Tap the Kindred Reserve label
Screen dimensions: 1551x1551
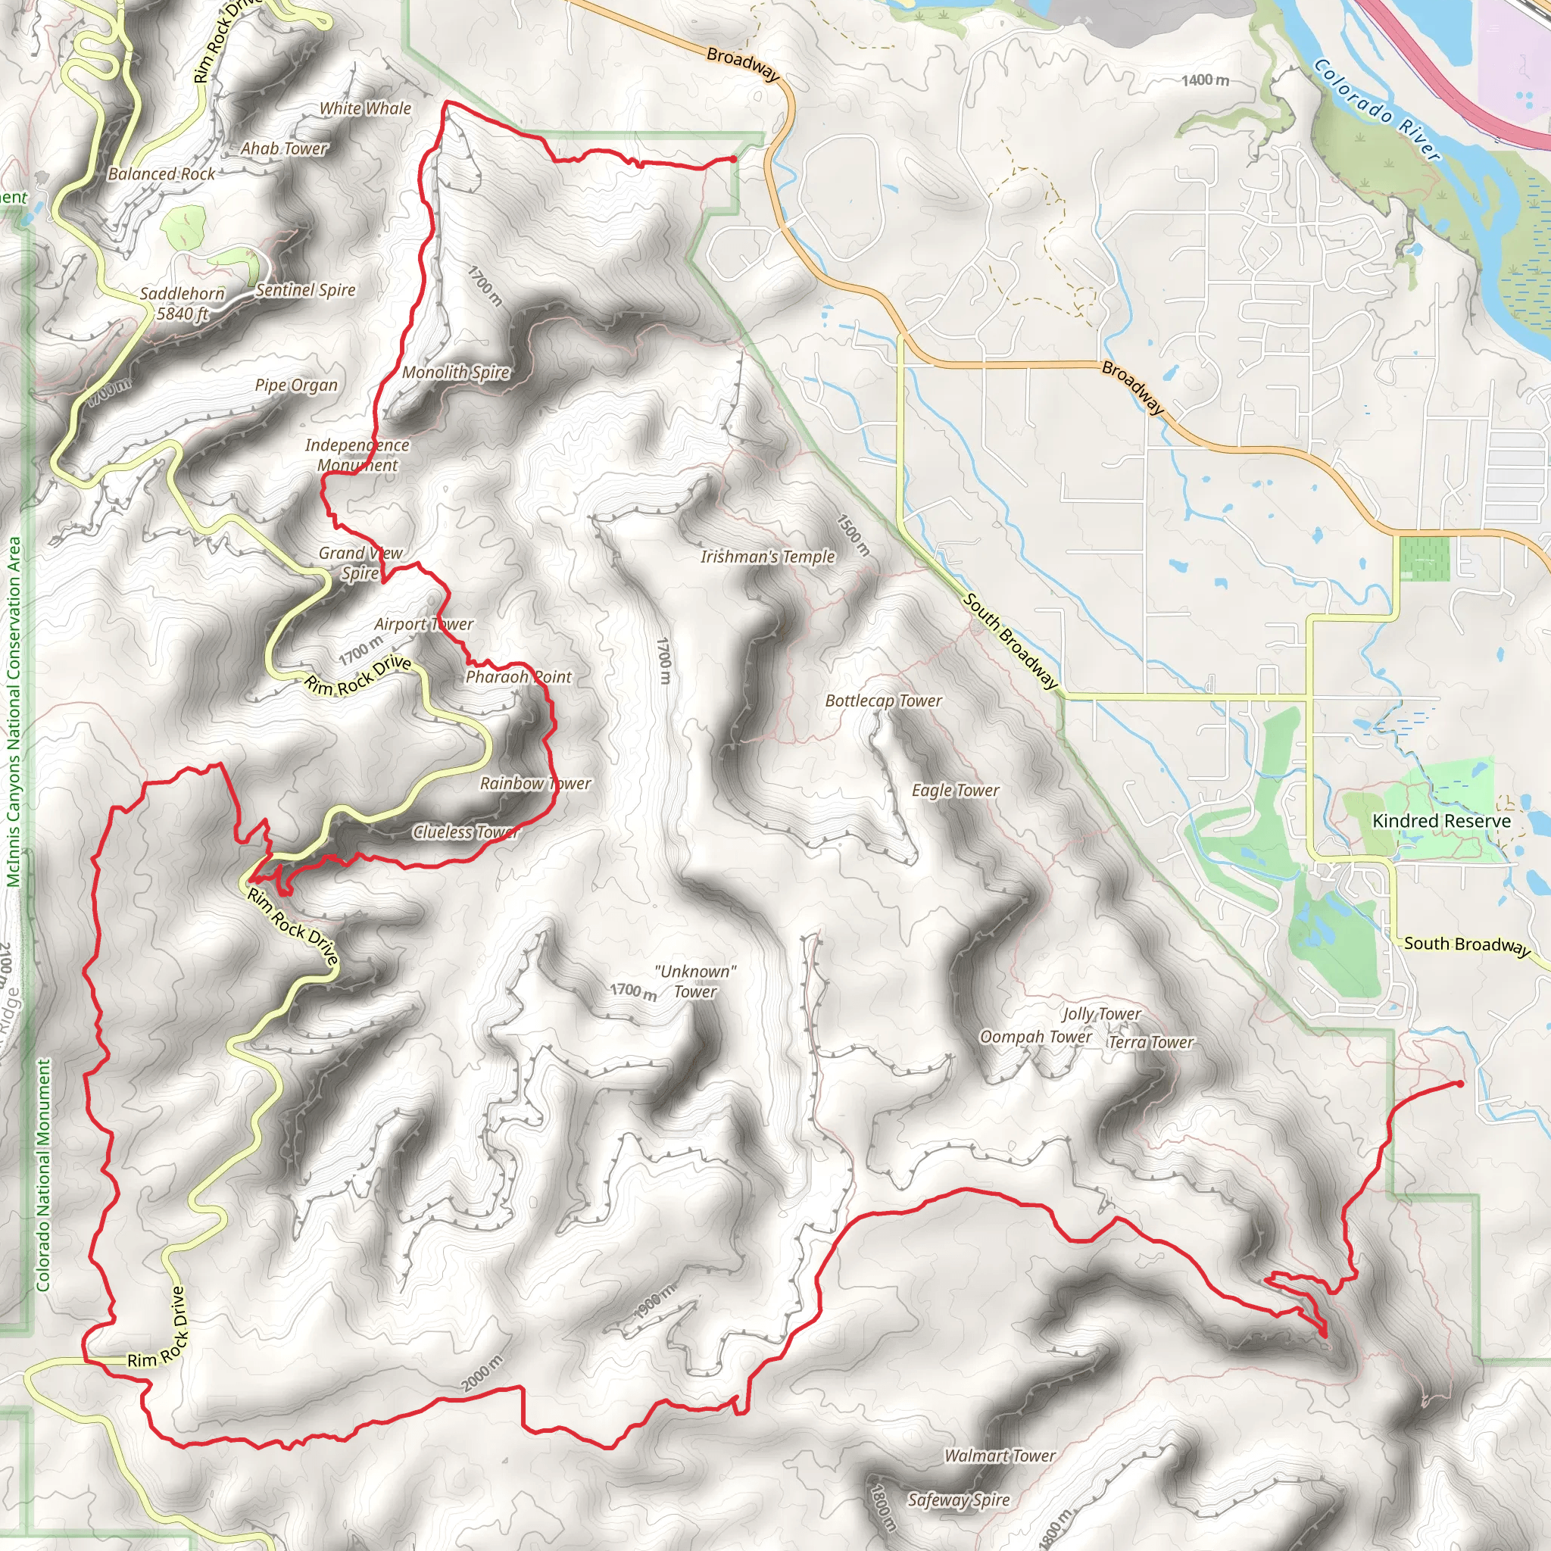pos(1441,820)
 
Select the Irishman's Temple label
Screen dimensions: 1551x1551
pos(767,557)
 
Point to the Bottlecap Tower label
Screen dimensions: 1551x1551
pos(883,701)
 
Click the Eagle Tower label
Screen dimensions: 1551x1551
pos(955,791)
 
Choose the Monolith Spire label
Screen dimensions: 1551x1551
pos(455,372)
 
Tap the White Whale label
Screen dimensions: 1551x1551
pos(365,108)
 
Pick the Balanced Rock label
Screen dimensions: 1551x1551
pos(161,174)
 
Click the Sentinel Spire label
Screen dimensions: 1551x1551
pos(305,290)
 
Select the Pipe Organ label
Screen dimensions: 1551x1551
pos(296,385)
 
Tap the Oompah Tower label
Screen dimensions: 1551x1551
pos(1035,1037)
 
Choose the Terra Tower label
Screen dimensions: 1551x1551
pos(1151,1042)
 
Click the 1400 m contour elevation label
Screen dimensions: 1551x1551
pos(1205,80)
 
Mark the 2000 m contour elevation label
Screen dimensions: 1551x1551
pos(482,1374)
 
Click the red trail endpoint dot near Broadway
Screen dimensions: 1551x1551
pos(733,160)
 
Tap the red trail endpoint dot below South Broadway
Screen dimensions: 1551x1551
pos(1459,1084)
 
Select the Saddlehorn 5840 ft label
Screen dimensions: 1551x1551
pos(183,304)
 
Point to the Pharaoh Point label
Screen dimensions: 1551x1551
pos(518,677)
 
